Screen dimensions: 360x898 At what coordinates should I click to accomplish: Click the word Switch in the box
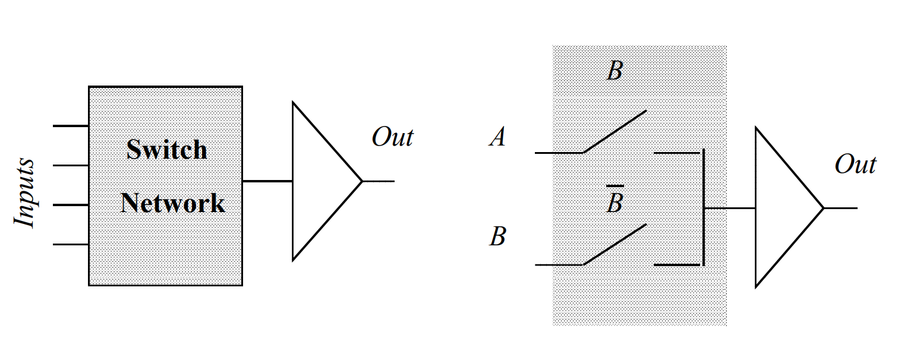pyautogui.click(x=167, y=150)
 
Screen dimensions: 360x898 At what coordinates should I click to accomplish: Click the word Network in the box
pyautogui.click(x=173, y=203)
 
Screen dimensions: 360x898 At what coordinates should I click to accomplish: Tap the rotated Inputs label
pyautogui.click(x=25, y=193)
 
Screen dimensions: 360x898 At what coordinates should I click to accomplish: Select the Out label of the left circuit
pyautogui.click(x=392, y=137)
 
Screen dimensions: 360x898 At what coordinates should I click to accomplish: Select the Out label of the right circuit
pyautogui.click(x=855, y=164)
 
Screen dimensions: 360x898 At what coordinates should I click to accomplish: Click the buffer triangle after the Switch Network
pyautogui.click(x=321, y=181)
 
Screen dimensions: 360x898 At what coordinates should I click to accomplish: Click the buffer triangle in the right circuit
pyautogui.click(x=783, y=209)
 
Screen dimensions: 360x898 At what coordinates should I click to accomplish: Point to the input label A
pyautogui.click(x=497, y=138)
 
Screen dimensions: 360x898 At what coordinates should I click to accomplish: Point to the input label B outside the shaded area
pyautogui.click(x=497, y=236)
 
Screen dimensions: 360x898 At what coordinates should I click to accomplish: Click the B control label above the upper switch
pyautogui.click(x=615, y=72)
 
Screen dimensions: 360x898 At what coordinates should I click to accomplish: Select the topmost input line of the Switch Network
pyautogui.click(x=71, y=126)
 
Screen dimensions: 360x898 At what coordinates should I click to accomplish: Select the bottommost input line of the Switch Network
pyautogui.click(x=71, y=244)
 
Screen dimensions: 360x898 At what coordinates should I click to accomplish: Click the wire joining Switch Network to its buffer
pyautogui.click(x=267, y=181)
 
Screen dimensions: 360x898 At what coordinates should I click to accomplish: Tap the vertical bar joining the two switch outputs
pyautogui.click(x=704, y=208)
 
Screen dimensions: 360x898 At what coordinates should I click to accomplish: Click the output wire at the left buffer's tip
pyautogui.click(x=379, y=181)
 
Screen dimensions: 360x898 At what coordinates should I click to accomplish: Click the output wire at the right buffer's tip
pyautogui.click(x=841, y=209)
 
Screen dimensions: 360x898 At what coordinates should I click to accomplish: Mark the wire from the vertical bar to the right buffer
pyautogui.click(x=730, y=209)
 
